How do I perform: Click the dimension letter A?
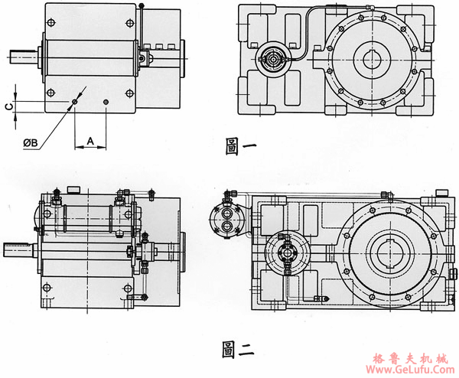point(90,141)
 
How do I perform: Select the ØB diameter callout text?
point(31,143)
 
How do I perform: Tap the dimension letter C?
point(8,106)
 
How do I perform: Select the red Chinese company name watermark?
point(412,357)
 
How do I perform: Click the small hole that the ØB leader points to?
point(74,101)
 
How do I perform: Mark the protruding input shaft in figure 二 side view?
point(18,248)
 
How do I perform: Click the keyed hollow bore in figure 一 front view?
point(376,59)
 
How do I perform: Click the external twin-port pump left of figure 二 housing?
point(227,218)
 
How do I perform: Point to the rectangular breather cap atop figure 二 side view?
point(73,189)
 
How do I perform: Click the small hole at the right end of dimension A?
point(106,101)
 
